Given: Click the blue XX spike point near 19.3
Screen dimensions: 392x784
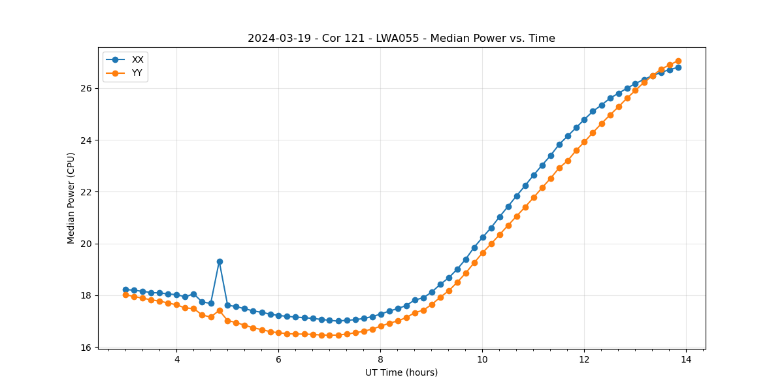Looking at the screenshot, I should [220, 261].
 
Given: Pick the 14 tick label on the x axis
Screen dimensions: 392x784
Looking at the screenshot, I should [686, 359].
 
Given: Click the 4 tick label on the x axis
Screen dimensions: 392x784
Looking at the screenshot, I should [176, 359].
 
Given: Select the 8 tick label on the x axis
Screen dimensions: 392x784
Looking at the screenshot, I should [380, 359].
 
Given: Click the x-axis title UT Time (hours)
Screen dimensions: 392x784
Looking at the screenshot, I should [401, 372].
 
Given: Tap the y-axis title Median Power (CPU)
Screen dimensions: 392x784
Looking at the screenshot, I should [71, 198].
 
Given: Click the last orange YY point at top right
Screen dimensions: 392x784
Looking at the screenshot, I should [678, 61].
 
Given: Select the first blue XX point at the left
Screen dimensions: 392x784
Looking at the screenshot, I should [125, 289].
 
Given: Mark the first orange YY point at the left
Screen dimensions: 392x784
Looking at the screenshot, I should [125, 295].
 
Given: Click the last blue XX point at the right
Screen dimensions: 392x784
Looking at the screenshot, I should [678, 67].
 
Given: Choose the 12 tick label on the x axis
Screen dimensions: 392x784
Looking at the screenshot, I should [584, 359].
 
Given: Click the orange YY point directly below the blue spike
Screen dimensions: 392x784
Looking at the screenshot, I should [220, 311].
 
